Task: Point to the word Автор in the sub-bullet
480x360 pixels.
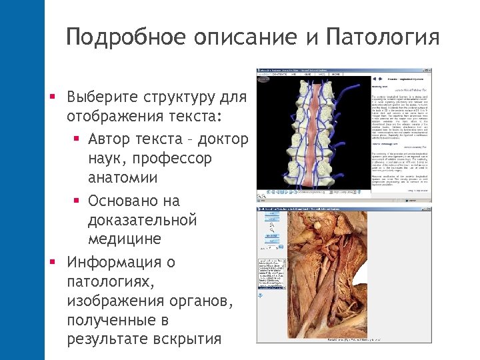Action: [111, 139]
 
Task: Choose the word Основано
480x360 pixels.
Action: [133, 201]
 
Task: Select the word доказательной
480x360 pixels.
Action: [142, 219]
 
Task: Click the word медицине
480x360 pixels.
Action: [123, 239]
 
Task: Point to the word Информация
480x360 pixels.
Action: [121, 262]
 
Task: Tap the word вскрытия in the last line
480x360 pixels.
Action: [186, 339]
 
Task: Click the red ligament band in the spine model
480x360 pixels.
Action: [312, 133]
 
